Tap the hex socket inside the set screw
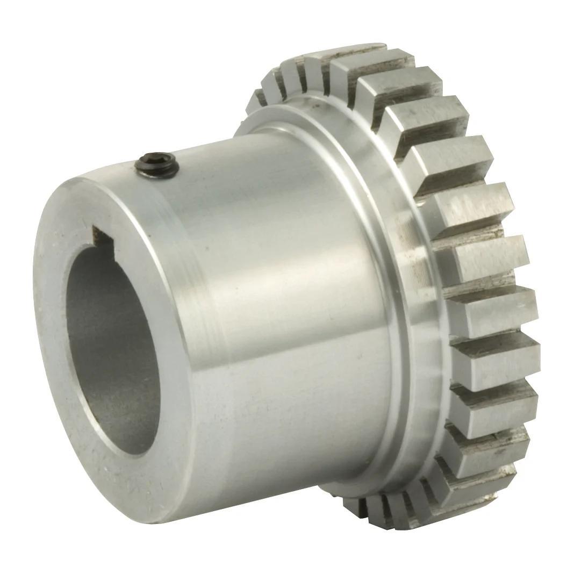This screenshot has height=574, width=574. (157, 160)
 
